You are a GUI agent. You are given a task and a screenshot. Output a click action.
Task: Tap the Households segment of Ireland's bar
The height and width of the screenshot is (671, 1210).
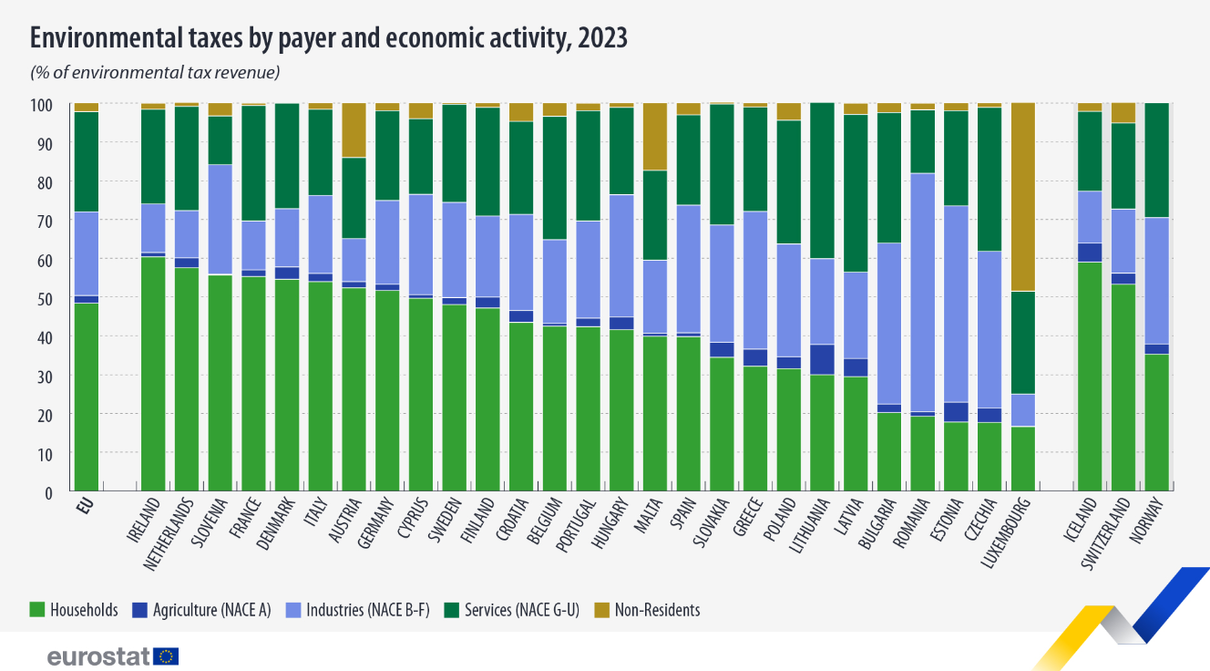click(x=153, y=374)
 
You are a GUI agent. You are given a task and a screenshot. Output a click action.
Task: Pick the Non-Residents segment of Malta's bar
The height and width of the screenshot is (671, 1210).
click(x=655, y=137)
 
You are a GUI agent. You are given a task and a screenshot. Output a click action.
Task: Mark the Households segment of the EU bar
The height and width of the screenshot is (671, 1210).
click(x=87, y=397)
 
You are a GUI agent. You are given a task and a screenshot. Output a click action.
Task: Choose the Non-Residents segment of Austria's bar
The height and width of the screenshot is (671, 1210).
click(x=354, y=130)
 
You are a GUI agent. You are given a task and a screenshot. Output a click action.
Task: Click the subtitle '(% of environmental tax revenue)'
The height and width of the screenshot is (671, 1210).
click(x=155, y=72)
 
